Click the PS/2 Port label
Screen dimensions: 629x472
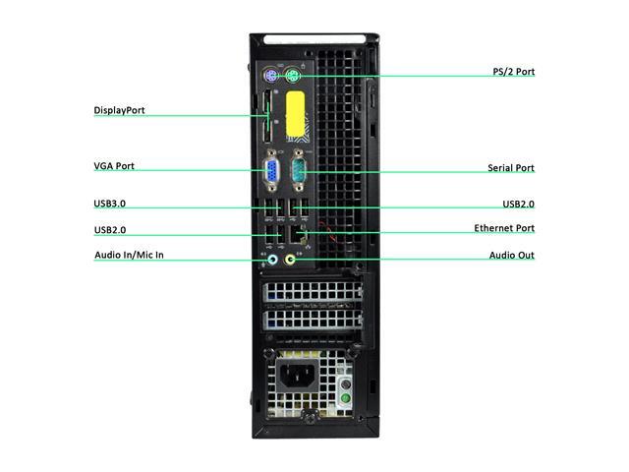(x=513, y=72)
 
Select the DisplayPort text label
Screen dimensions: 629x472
(x=119, y=110)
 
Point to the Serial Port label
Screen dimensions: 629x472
(x=511, y=168)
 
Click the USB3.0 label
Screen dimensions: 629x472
(x=110, y=204)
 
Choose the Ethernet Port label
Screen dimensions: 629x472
(x=504, y=228)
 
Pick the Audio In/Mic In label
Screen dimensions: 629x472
(x=129, y=255)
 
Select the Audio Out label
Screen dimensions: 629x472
(x=512, y=256)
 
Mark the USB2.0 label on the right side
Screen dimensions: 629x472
(x=518, y=204)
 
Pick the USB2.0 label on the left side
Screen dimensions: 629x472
(x=110, y=230)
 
